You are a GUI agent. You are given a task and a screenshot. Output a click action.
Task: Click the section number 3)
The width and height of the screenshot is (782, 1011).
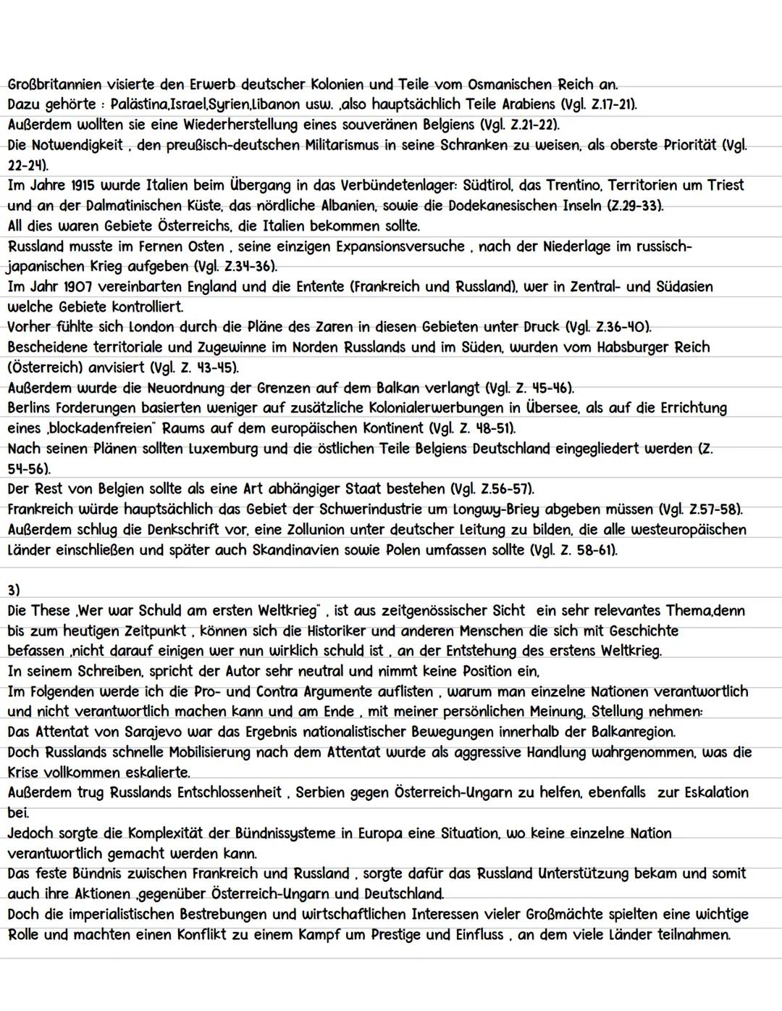[x=14, y=591]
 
